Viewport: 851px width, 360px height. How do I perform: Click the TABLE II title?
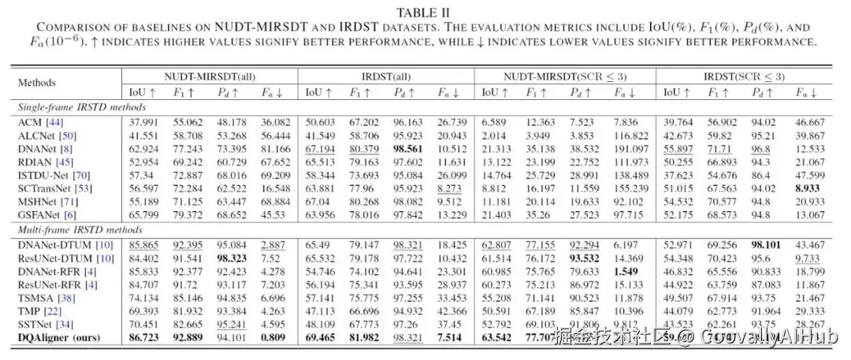pyautogui.click(x=424, y=11)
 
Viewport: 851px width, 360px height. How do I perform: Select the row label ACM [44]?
pyautogui.click(x=32, y=122)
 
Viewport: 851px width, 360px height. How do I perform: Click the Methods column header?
pyautogui.click(x=36, y=82)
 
